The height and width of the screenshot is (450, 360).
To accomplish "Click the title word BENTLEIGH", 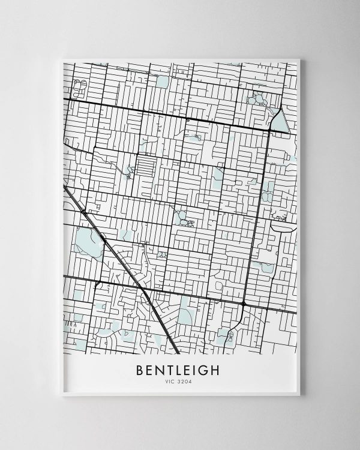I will tap(179, 370).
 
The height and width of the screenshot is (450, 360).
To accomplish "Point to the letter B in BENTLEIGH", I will tap(141, 370).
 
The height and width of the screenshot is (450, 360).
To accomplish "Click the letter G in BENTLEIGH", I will tap(205, 370).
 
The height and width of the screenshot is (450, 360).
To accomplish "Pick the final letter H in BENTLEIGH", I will tap(217, 370).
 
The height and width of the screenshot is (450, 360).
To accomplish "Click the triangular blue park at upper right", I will tap(280, 122).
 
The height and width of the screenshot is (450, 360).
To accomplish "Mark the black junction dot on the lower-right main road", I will tap(243, 305).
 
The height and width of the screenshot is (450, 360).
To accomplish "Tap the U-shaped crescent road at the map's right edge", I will tap(282, 226).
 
